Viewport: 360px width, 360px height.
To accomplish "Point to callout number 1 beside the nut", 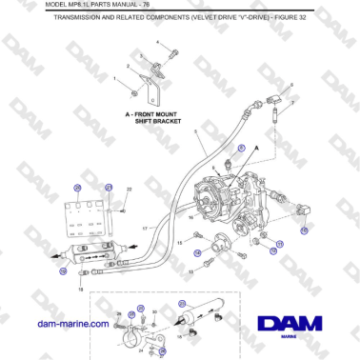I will pyautogui.click(x=114, y=79).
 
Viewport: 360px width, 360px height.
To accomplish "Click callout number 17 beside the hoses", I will pyautogui.click(x=145, y=229).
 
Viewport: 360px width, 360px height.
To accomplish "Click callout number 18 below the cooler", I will pyautogui.click(x=80, y=287).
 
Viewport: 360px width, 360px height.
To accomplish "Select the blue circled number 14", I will pyautogui.click(x=197, y=252).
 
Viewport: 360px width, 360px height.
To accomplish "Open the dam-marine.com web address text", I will pyautogui.click(x=71, y=324).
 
